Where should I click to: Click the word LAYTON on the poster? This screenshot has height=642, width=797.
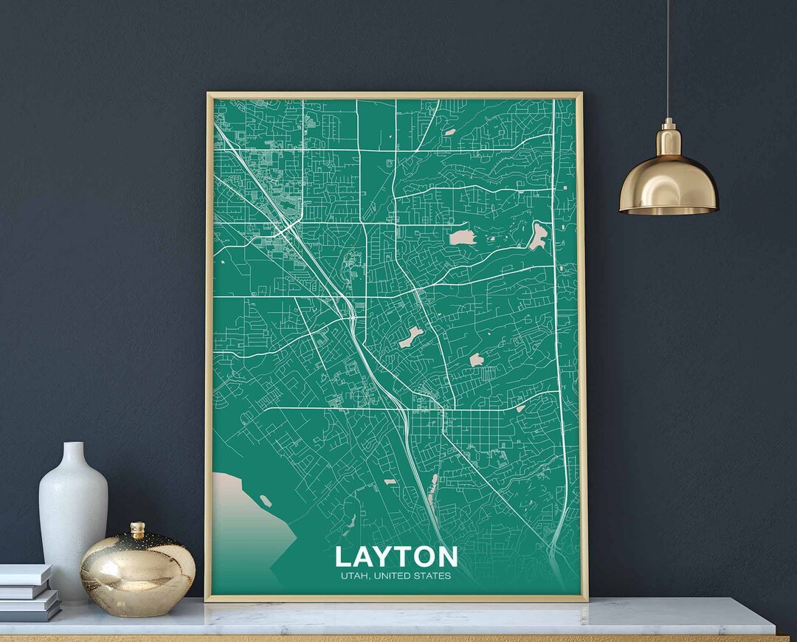[x=396, y=557]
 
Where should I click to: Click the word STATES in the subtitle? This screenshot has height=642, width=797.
[x=433, y=576]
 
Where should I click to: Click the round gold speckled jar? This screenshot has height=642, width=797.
[x=137, y=572]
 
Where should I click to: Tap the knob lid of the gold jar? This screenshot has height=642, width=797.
[x=137, y=530]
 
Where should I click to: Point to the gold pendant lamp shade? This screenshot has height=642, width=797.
[x=669, y=181]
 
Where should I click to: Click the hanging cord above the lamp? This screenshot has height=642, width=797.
[x=669, y=59]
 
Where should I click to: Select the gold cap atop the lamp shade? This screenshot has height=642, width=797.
[x=669, y=137]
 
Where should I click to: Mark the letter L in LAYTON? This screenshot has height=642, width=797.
[x=344, y=557]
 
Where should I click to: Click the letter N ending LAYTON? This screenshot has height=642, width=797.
[x=446, y=557]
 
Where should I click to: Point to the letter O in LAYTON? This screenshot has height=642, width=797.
[x=424, y=557]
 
